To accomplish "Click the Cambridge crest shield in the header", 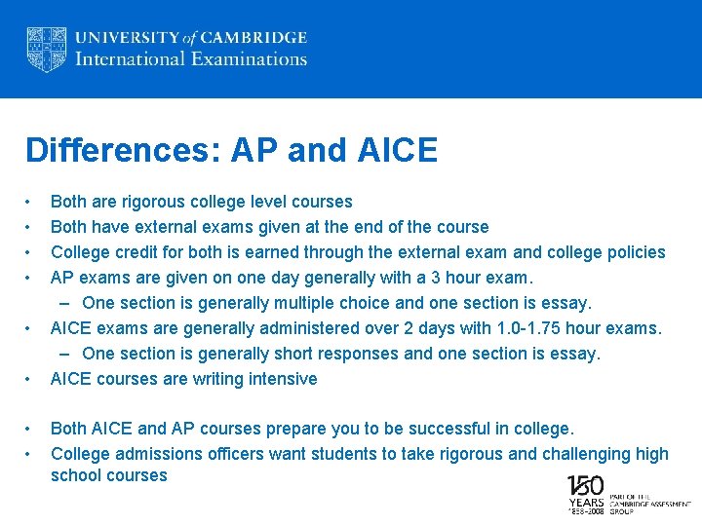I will [x=46, y=49].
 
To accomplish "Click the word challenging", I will [x=585, y=453].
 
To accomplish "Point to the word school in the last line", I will [x=75, y=475].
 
